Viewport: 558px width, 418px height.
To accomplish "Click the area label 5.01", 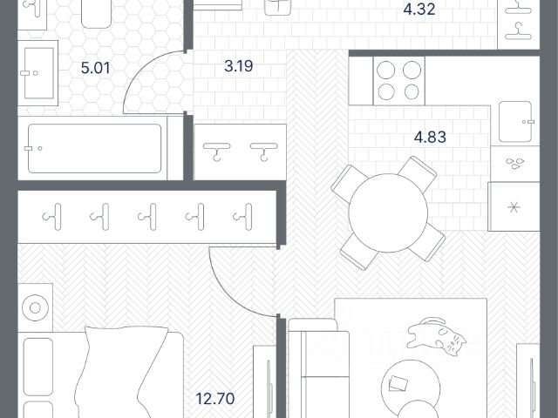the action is click(95, 68).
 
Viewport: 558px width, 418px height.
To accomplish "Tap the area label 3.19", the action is click(239, 66).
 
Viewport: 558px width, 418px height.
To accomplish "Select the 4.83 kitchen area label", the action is click(430, 137).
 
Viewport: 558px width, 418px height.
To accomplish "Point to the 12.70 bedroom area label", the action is click(215, 399).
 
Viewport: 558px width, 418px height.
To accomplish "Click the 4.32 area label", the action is click(419, 9).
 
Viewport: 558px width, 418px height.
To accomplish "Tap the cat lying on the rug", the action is click(436, 337).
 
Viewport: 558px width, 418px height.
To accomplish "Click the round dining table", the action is click(388, 212).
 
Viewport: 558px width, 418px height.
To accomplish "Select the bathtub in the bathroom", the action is click(94, 148).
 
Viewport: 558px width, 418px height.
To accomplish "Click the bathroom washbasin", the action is click(38, 73).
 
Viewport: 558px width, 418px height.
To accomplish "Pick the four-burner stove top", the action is click(399, 81).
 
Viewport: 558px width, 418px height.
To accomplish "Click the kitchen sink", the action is click(515, 122).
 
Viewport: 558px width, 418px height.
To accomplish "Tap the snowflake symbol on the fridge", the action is click(514, 207).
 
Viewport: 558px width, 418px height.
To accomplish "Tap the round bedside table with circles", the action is click(35, 307).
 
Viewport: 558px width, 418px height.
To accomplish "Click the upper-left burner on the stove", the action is click(386, 70).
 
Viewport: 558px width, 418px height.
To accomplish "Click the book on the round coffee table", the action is click(398, 383).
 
